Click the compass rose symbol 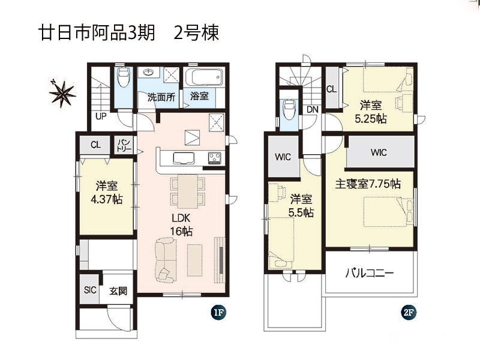click(63, 94)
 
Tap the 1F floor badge click(218, 313)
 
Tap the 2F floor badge click(409, 313)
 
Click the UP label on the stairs click(101, 116)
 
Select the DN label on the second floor click(312, 110)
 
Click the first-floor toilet click(124, 77)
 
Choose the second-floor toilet click(289, 109)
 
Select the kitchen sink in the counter click(184, 158)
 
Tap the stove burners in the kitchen click(215, 158)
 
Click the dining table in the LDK click(188, 191)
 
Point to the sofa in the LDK click(166, 260)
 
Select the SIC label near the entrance click(90, 290)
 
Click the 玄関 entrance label click(118, 291)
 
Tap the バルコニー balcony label click(370, 273)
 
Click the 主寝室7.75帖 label click(368, 184)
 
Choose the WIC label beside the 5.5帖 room click(283, 157)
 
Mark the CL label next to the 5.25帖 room click(332, 89)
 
